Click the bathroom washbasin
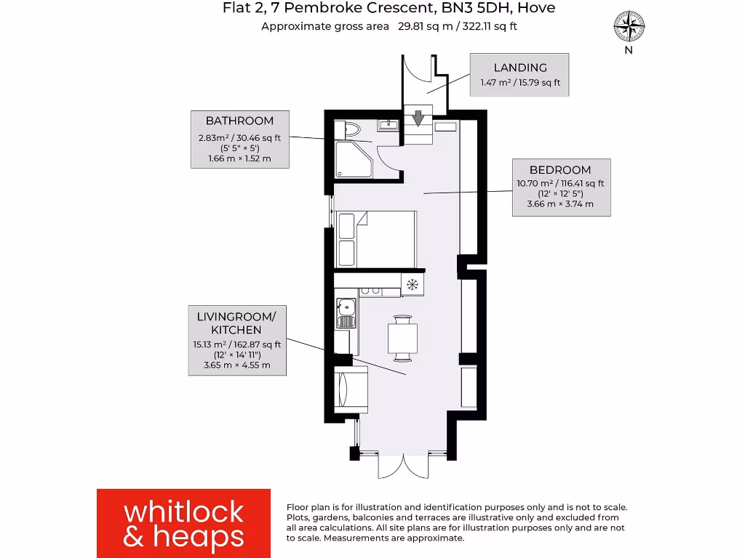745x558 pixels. (389, 124)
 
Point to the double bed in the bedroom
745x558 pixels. (376, 239)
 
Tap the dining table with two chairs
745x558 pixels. (402, 338)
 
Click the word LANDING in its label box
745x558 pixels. (520, 68)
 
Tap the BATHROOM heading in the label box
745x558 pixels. (239, 121)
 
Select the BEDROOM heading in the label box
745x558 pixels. (559, 170)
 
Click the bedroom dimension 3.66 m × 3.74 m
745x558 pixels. (559, 204)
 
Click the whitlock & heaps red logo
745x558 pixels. (183, 523)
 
